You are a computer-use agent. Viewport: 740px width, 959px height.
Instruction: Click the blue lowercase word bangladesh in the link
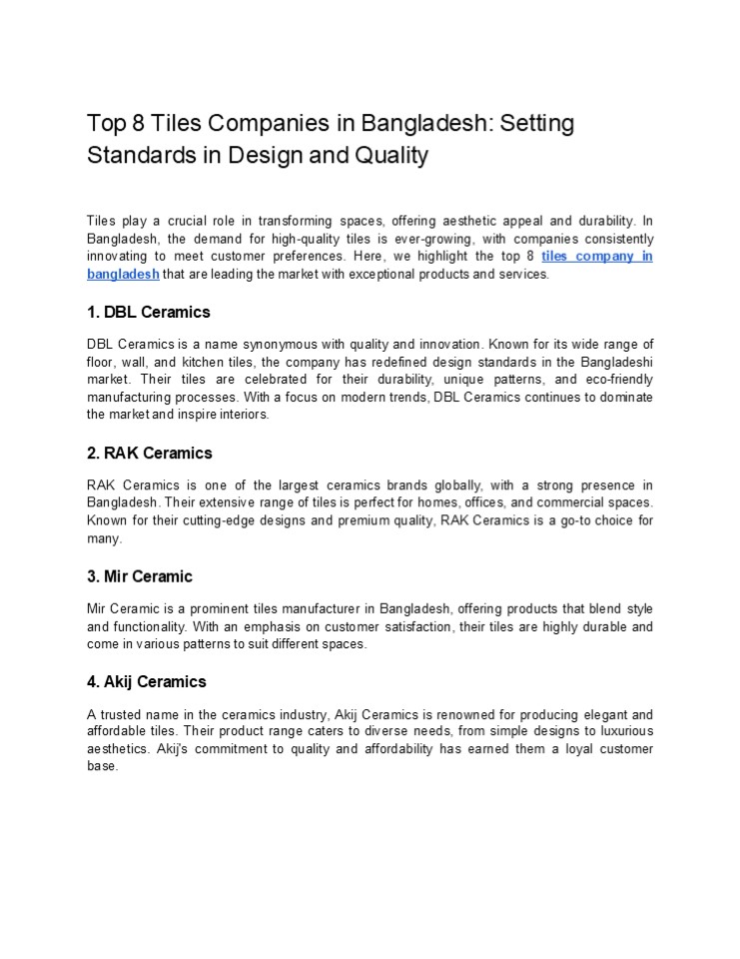123,274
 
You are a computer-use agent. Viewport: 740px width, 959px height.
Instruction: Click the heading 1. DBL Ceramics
149,312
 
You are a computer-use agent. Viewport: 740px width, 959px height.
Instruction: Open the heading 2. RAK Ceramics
150,453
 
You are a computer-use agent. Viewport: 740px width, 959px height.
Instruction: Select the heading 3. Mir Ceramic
140,576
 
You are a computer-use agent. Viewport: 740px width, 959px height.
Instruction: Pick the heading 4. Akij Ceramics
147,681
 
